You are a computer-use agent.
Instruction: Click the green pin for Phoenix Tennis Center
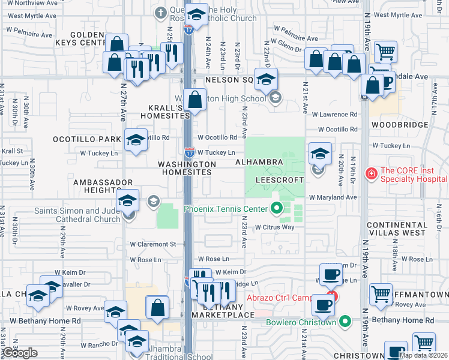pyautogui.click(x=277, y=209)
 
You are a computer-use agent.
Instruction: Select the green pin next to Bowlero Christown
pyautogui.click(x=345, y=322)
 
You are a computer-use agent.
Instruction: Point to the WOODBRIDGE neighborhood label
pyautogui.click(x=400, y=125)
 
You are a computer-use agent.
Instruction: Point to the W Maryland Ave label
pyautogui.click(x=333, y=197)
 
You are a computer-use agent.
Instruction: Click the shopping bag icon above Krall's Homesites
pyautogui.click(x=195, y=100)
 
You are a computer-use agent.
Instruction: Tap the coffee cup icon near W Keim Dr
pyautogui.click(x=330, y=274)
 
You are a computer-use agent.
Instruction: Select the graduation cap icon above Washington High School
pyautogui.click(x=266, y=78)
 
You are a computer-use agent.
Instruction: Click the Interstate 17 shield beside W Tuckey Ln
pyautogui.click(x=189, y=153)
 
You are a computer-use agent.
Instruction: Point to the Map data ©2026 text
pyautogui.click(x=423, y=355)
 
